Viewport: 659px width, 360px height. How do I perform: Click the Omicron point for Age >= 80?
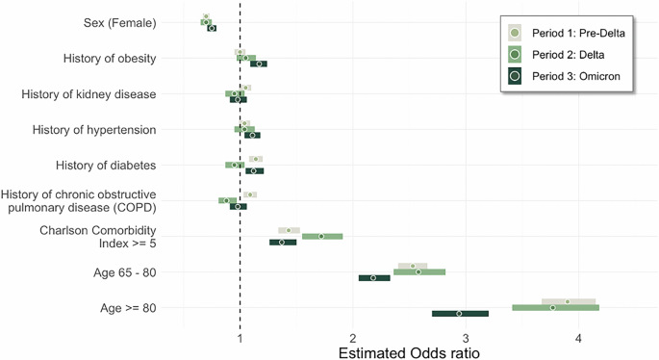pyautogui.click(x=459, y=314)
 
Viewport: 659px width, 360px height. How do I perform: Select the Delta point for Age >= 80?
pyautogui.click(x=552, y=308)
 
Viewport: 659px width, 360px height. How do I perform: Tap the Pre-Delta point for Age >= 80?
pyautogui.click(x=568, y=302)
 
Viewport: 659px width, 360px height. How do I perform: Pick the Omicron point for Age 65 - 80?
pyautogui.click(x=373, y=278)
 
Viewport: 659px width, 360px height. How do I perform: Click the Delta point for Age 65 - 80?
pyautogui.click(x=418, y=272)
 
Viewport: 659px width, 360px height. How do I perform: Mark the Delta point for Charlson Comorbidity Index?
pyautogui.click(x=321, y=236)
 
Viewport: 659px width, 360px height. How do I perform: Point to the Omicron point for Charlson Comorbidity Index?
pyautogui.click(x=282, y=243)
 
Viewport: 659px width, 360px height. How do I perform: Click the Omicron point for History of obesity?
pyautogui.click(x=258, y=64)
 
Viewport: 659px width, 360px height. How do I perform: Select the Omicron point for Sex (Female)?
pyautogui.click(x=212, y=29)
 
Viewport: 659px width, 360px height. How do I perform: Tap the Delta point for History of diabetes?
pyautogui.click(x=234, y=165)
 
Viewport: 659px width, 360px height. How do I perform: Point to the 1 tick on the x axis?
pyautogui.click(x=240, y=339)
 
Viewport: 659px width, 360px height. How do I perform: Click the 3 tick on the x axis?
pyautogui.click(x=466, y=339)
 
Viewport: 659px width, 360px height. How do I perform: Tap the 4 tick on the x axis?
pyautogui.click(x=578, y=339)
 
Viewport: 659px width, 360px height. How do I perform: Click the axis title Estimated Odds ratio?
pyautogui.click(x=409, y=352)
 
